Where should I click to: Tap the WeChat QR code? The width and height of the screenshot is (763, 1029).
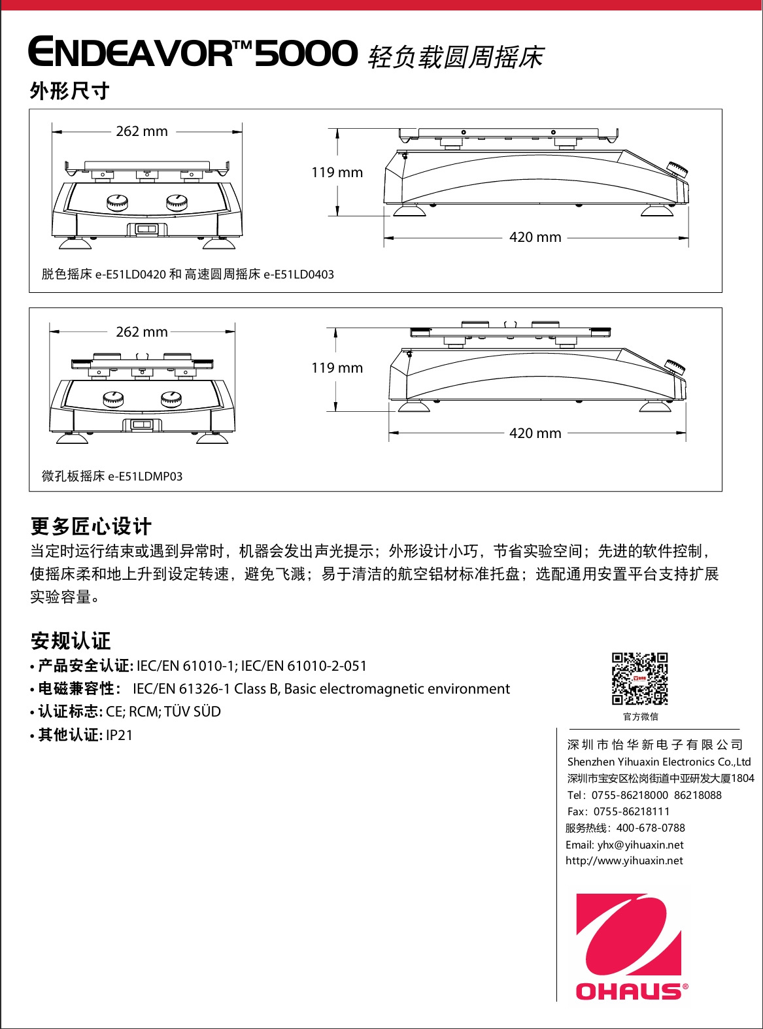640,679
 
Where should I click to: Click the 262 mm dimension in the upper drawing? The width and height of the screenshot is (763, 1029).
142,131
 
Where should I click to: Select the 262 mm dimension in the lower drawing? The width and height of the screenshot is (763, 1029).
142,332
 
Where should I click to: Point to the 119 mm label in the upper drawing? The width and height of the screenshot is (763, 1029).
337,173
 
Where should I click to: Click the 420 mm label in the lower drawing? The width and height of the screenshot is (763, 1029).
535,433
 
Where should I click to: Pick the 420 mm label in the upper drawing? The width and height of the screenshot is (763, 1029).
535,237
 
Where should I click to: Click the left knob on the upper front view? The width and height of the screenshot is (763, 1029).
118,203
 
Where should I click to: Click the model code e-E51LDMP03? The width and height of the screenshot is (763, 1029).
145,477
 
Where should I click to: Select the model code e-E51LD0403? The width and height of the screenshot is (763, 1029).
298,275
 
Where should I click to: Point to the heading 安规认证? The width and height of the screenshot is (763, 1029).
71,641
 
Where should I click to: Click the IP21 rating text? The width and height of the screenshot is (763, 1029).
119,735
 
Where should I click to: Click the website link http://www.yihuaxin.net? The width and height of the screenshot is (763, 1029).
624,861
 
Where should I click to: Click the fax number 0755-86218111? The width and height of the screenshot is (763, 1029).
632,812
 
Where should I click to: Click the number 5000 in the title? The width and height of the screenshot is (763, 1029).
306,54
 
